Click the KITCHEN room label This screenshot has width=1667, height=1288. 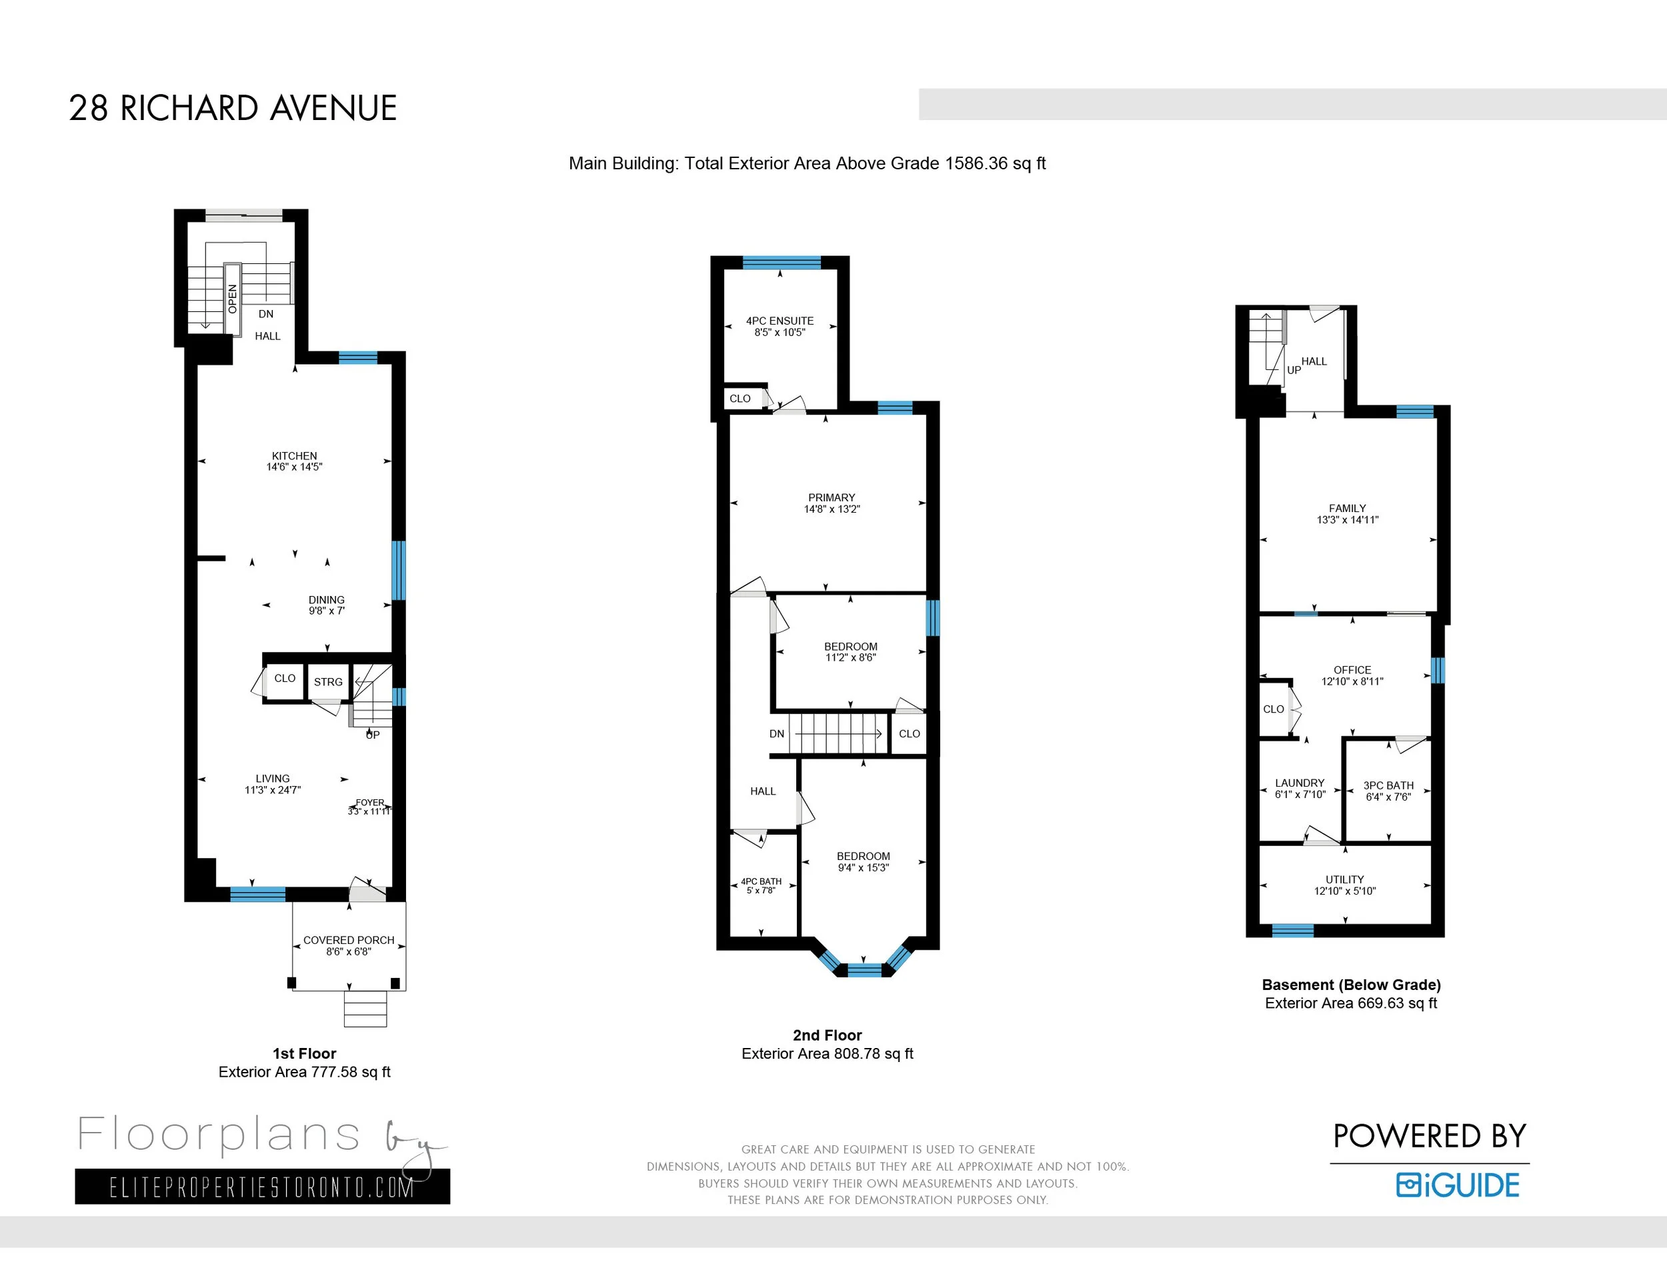pos(294,455)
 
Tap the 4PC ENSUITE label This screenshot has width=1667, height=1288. pos(779,321)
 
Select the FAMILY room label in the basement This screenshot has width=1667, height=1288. pos(1347,508)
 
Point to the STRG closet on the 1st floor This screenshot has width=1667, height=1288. pos(328,682)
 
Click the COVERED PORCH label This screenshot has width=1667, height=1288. pos(349,940)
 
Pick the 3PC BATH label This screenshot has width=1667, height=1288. pos(1388,785)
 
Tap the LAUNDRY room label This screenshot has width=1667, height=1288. pos(1300,783)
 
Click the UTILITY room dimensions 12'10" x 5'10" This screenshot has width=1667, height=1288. pos(1345,891)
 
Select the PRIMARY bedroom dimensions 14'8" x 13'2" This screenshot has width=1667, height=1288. pos(832,509)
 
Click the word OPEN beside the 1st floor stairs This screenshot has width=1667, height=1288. pos(232,299)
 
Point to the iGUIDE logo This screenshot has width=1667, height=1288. pos(1458,1185)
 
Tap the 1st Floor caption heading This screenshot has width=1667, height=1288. pos(305,1053)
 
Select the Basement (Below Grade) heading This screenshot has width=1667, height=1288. pos(1351,984)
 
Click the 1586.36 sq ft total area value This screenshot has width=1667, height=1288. pos(996,163)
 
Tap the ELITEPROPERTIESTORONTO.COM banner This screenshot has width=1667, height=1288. pos(262,1187)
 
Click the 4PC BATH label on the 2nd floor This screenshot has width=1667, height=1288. pos(761,881)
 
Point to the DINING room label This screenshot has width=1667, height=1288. pos(327,600)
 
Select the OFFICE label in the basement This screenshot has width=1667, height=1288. pos(1352,670)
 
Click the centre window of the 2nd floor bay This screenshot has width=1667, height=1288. pos(864,971)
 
